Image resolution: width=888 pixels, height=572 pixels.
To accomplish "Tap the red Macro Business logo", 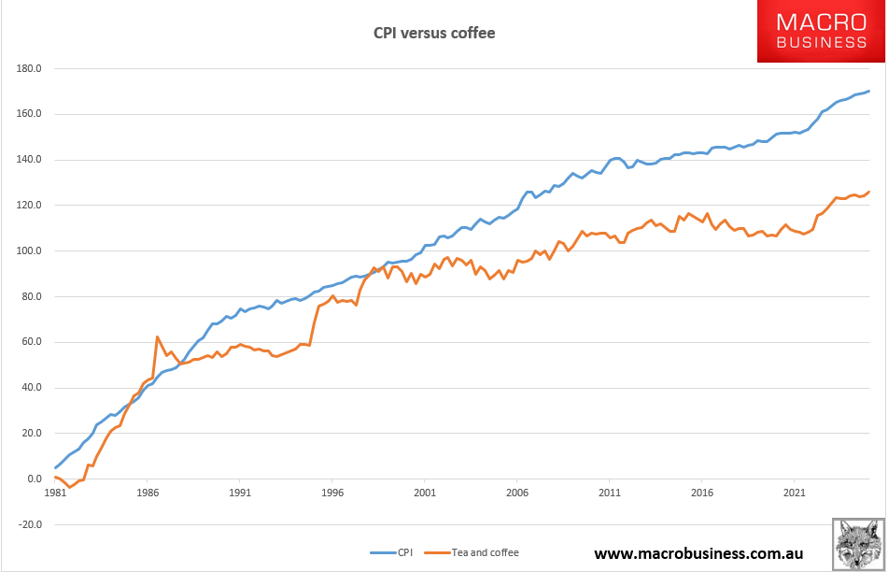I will (822, 32).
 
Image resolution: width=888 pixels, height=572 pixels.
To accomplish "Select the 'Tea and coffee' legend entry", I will (486, 552).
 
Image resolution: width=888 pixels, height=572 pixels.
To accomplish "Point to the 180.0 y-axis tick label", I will (29, 69).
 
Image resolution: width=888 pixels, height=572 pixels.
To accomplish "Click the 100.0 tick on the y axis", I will (29, 251).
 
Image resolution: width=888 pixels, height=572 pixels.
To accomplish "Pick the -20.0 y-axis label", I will (30, 524).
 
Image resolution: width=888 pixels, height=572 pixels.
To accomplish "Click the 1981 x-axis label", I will (54, 491).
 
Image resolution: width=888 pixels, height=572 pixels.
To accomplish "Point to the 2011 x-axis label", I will (609, 491).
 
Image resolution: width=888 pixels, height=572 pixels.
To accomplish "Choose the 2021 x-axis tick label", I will (794, 491).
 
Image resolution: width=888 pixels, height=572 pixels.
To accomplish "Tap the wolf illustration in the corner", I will (858, 544).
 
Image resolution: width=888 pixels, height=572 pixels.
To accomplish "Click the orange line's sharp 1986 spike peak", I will (157, 336).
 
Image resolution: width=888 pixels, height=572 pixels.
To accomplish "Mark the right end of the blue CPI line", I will (869, 91).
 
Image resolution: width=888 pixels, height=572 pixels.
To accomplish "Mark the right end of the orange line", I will (869, 193).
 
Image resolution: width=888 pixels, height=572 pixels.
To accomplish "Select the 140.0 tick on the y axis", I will (29, 160).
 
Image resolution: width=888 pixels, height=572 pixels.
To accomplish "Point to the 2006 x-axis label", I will (516, 491).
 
